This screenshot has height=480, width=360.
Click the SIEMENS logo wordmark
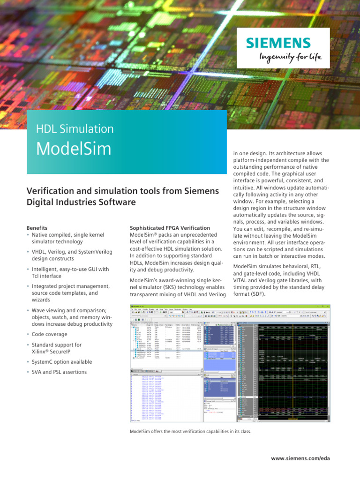[278, 43]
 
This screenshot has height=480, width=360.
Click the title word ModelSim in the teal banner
[74, 149]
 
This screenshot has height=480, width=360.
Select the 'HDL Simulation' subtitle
[75, 129]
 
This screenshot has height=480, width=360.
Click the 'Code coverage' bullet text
[49, 334]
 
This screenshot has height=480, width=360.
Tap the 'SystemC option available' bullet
[62, 362]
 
